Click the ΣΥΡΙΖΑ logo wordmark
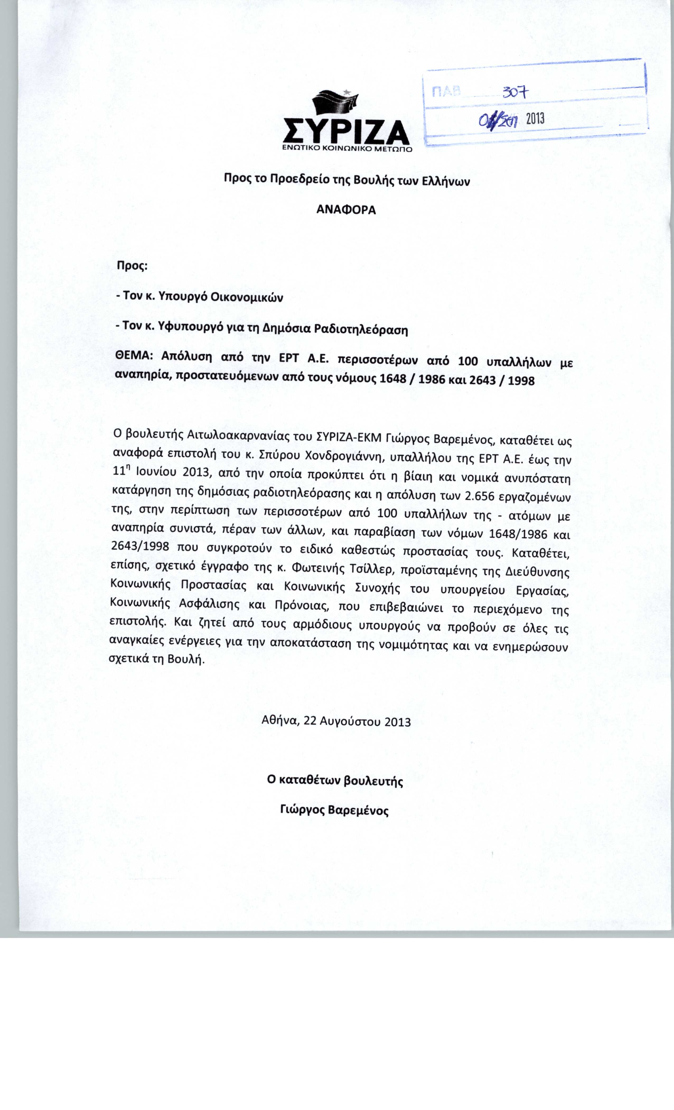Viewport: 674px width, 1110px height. click(x=346, y=130)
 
